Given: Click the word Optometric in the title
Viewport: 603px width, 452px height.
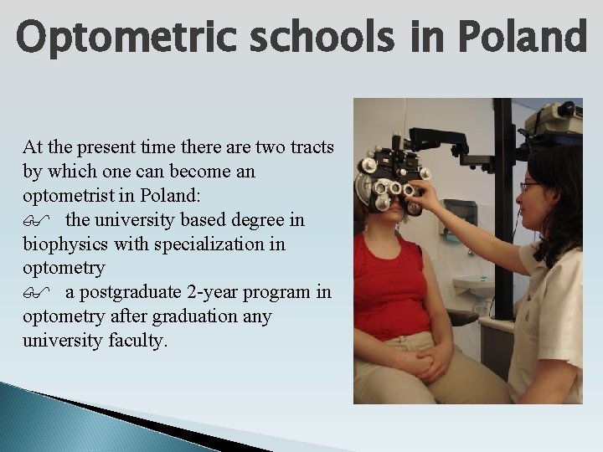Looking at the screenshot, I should (117, 37).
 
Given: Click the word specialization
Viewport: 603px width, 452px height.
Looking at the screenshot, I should (213, 244).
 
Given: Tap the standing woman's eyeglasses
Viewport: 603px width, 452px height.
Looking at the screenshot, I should (529, 187).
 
